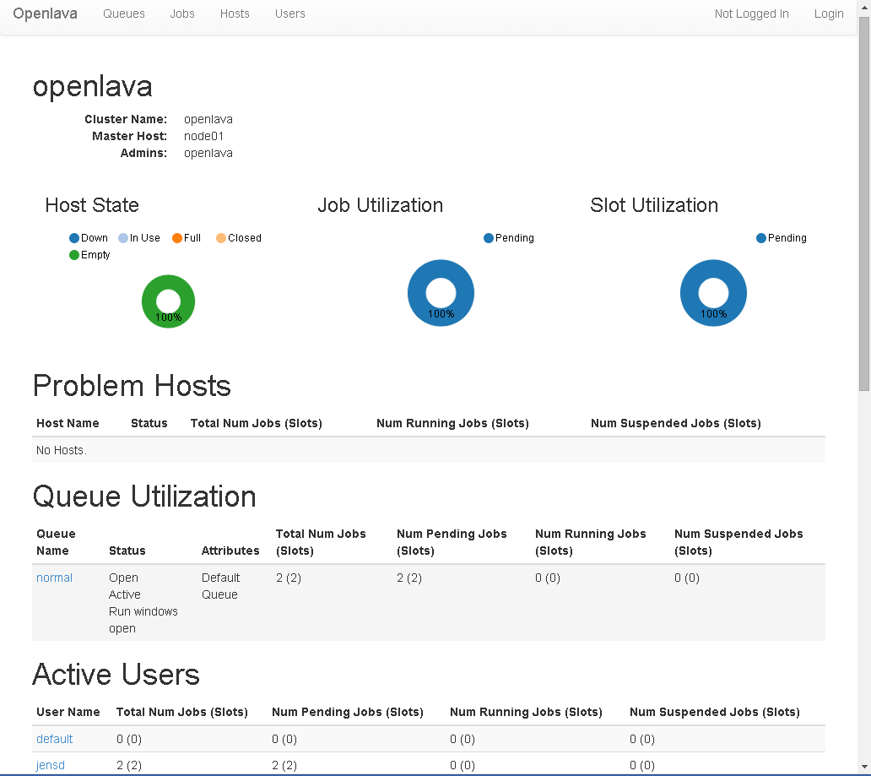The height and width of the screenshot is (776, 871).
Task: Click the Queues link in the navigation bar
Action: [x=124, y=14]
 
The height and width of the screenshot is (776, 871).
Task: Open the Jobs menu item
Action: [x=182, y=14]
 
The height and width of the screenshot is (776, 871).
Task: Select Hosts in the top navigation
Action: [x=235, y=14]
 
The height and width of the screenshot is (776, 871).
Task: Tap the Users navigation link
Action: [x=290, y=14]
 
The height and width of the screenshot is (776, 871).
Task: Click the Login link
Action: [x=829, y=14]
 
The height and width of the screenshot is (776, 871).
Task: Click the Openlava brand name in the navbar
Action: [x=45, y=14]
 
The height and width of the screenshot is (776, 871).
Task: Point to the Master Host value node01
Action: [x=204, y=136]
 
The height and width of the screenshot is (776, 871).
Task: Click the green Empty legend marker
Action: [x=74, y=255]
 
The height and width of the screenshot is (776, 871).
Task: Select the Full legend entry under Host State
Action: [x=187, y=238]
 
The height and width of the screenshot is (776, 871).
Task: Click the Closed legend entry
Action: [x=239, y=238]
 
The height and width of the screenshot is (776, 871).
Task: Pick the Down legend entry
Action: [x=89, y=238]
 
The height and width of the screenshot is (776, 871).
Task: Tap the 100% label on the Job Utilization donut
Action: [x=441, y=314]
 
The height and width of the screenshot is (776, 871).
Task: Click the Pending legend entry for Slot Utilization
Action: [x=782, y=238]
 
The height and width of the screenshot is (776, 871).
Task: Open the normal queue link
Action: [x=54, y=578]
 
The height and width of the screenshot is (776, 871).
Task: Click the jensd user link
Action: [x=51, y=765]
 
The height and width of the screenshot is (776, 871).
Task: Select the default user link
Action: [x=54, y=740]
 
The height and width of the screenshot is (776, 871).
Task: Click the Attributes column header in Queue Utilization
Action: [x=230, y=551]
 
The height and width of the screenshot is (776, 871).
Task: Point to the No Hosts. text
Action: [x=62, y=450]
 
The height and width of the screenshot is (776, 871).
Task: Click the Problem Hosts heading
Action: [x=133, y=386]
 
